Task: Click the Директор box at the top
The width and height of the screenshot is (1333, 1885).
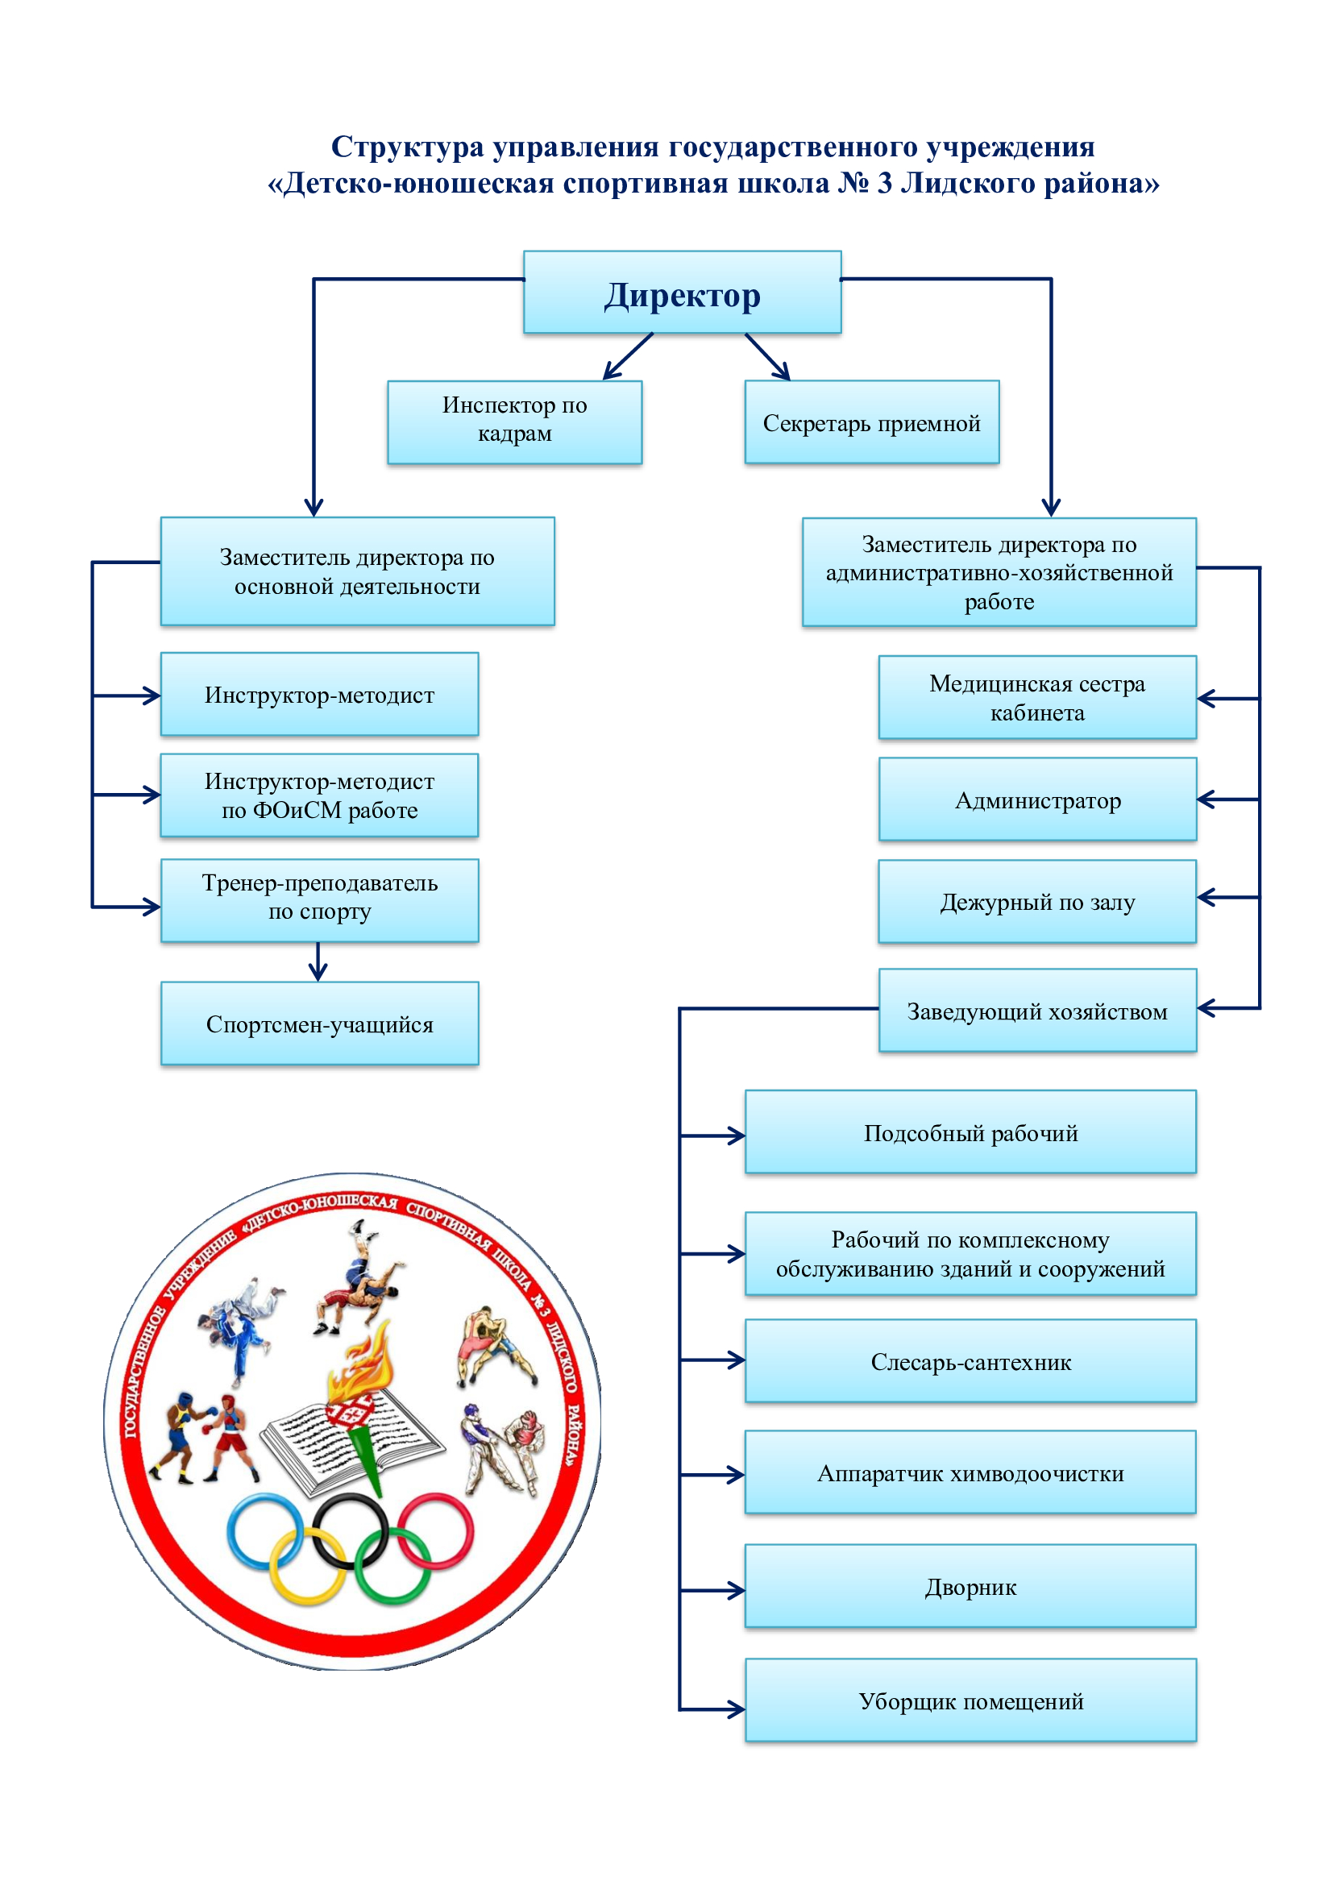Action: pyautogui.click(x=682, y=293)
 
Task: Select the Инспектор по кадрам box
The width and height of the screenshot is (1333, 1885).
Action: pyautogui.click(x=515, y=422)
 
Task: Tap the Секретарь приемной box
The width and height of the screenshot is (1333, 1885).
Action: pyautogui.click(x=872, y=422)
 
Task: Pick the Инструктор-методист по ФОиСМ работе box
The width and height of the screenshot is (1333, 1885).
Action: pyautogui.click(x=319, y=795)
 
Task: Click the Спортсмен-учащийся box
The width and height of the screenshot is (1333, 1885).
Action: pyautogui.click(x=319, y=1023)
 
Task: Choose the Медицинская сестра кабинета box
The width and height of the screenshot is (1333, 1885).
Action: pyautogui.click(x=1037, y=698)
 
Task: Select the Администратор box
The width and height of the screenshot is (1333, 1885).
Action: pyautogui.click(x=1037, y=799)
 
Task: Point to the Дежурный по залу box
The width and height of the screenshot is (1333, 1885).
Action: pyautogui.click(x=1037, y=902)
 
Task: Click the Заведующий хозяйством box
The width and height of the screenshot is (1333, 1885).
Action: pyautogui.click(x=1037, y=1011)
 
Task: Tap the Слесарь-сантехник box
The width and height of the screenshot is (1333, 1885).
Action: pyautogui.click(x=970, y=1361)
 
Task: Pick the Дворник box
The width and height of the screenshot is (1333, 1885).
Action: pyautogui.click(x=970, y=1586)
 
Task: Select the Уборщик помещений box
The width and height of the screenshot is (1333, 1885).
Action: pyautogui.click(x=970, y=1700)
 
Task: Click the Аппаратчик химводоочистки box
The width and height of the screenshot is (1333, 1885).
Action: pyautogui.click(x=970, y=1473)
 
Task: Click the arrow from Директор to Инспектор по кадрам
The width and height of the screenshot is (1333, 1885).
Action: pyautogui.click(x=628, y=356)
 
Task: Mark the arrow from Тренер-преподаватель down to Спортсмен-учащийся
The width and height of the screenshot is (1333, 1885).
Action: pyautogui.click(x=318, y=961)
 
